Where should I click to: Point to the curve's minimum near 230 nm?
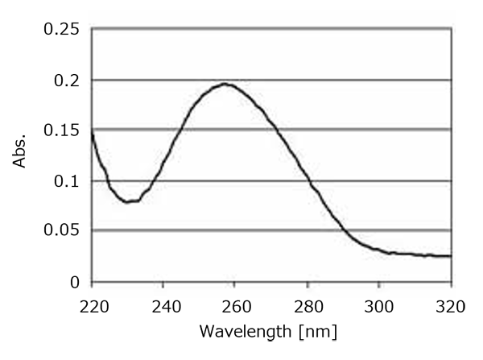pyautogui.click(x=130, y=201)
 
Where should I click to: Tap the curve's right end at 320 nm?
pyautogui.click(x=450, y=256)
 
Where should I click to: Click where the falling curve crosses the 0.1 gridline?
pyautogui.click(x=312, y=181)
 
